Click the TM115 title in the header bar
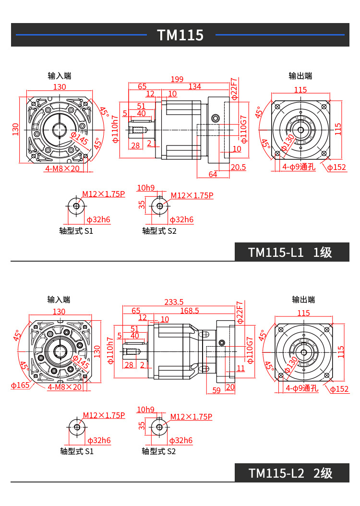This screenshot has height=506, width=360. click(180, 35)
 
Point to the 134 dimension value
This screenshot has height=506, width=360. click(194, 86)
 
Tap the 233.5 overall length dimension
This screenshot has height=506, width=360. click(174, 302)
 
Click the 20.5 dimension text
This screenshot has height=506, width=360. click(238, 167)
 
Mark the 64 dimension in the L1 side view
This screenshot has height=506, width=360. click(213, 174)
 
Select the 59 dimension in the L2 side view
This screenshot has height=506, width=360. click(216, 390)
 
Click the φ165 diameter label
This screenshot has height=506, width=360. click(20, 385)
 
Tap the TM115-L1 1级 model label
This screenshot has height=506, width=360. click(290, 253)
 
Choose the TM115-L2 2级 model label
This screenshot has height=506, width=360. click(290, 473)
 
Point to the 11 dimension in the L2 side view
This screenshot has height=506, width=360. click(240, 369)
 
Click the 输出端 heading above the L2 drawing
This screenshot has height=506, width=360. click(303, 300)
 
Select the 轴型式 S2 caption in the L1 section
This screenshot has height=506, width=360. click(159, 231)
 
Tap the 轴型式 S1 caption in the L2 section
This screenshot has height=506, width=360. click(77, 451)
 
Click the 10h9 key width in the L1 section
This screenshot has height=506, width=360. click(146, 188)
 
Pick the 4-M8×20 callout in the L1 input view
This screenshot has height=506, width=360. click(62, 169)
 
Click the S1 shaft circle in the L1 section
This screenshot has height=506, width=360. click(76, 206)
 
